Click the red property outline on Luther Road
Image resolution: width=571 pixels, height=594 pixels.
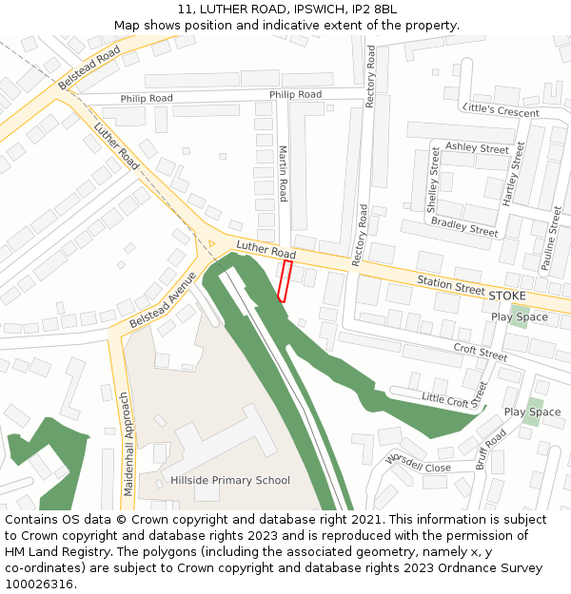pyautogui.click(x=283, y=282)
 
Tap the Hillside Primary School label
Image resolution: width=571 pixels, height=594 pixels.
pyautogui.click(x=230, y=480)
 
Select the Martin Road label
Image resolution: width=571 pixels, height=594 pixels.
pyautogui.click(x=283, y=173)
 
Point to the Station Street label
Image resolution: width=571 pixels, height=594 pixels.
pyautogui.click(x=451, y=283)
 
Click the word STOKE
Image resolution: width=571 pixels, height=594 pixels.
pyautogui.click(x=506, y=296)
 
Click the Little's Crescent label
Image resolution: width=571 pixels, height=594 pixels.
pyautogui.click(x=500, y=110)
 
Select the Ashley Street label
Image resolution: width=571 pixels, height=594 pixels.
pyautogui.click(x=477, y=148)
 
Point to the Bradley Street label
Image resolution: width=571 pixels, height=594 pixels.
pyautogui.click(x=464, y=226)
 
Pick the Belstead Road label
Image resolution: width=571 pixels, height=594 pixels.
pyautogui.click(x=89, y=67)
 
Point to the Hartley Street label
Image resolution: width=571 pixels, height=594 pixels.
pyautogui.click(x=514, y=173)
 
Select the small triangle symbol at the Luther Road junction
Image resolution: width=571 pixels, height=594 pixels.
pyautogui.click(x=211, y=244)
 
